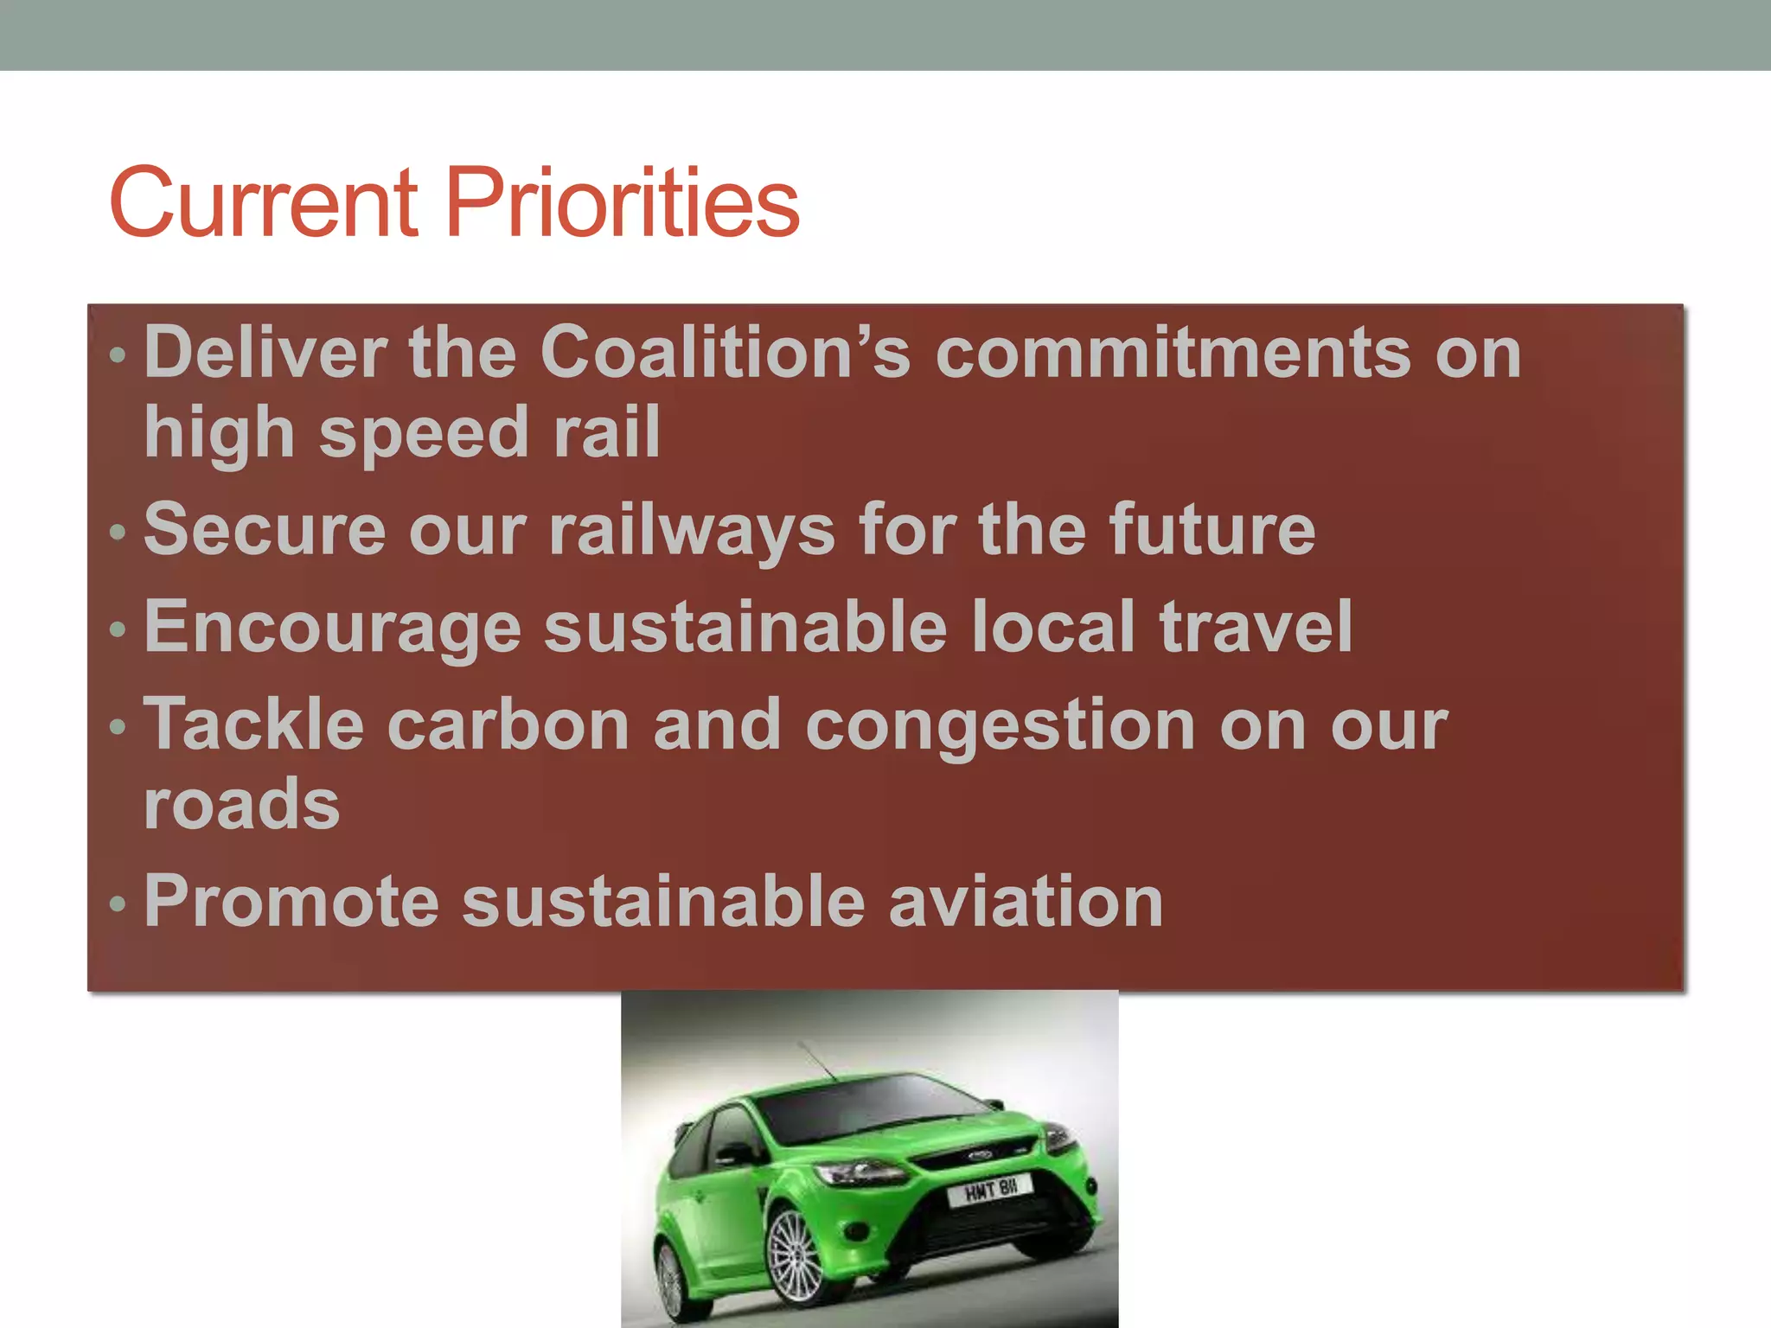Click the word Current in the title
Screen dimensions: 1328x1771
coord(264,203)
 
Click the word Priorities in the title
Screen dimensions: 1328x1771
coord(623,203)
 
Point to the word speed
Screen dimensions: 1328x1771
coord(424,434)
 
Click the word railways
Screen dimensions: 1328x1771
coord(692,530)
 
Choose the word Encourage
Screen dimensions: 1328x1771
coord(333,628)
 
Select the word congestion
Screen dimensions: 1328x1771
coord(1001,726)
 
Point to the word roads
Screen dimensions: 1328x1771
coord(242,804)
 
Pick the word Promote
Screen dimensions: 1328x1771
coord(291,902)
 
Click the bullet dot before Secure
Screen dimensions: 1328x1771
coord(118,533)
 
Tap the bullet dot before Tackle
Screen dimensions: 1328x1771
coord(118,727)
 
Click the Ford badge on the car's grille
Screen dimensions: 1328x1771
coord(979,1156)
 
